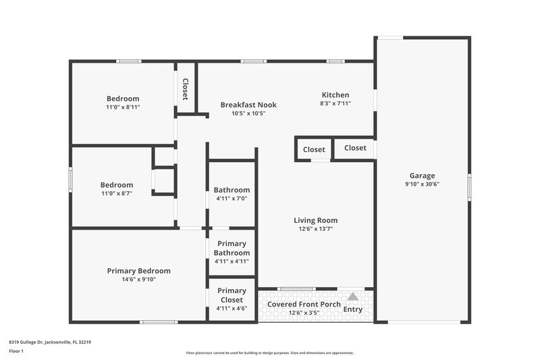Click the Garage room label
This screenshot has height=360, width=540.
[x=422, y=176]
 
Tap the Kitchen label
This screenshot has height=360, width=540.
[x=335, y=95]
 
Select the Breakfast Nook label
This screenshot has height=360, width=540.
[x=248, y=105]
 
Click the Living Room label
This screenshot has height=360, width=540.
[x=315, y=220]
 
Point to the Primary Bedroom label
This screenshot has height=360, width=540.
[x=138, y=271]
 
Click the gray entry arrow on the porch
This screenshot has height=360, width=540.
[x=352, y=297]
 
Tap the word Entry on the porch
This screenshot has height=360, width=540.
[x=352, y=309]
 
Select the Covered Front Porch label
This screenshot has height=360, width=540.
[x=304, y=304]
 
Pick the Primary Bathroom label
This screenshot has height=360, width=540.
[x=232, y=248]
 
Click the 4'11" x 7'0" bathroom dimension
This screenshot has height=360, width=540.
[x=232, y=199]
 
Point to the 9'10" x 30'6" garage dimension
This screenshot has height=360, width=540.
[x=422, y=184]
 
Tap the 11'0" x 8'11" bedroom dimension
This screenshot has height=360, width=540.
[x=123, y=107]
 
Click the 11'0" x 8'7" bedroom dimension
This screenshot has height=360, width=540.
[x=117, y=193]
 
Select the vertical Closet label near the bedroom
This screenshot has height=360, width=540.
[x=185, y=89]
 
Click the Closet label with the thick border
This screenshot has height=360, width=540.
[x=314, y=150]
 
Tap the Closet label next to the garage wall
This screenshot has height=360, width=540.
[x=355, y=148]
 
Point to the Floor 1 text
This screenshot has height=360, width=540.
[x=16, y=352]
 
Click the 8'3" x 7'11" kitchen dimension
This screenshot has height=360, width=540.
[x=335, y=104]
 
